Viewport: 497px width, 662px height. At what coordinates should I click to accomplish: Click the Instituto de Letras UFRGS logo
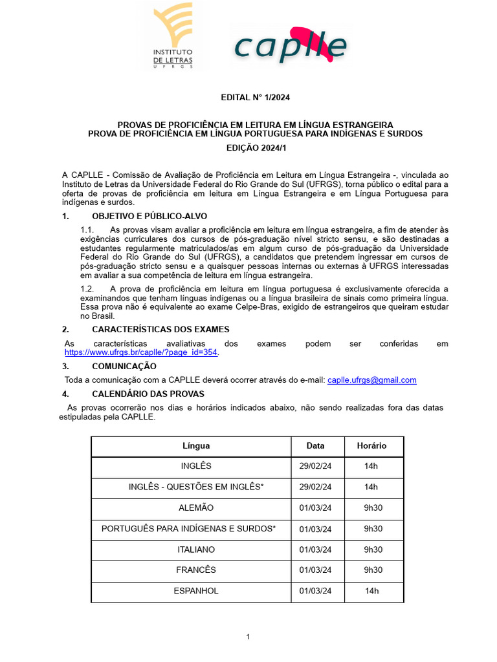tap(172, 36)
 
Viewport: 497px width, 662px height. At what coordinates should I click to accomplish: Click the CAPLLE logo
tap(290, 45)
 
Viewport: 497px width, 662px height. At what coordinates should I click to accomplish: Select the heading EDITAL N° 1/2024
tap(255, 98)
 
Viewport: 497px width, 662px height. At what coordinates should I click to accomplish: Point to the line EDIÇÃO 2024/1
tap(255, 148)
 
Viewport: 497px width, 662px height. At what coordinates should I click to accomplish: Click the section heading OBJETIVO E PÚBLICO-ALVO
tap(149, 216)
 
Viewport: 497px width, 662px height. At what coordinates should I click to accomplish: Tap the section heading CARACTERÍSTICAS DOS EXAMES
tap(159, 330)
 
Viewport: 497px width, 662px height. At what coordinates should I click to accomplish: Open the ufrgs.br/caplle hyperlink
tap(142, 353)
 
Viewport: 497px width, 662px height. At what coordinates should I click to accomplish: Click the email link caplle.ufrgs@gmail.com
tap(371, 380)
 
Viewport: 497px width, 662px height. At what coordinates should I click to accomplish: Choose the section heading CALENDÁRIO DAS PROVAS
tap(148, 394)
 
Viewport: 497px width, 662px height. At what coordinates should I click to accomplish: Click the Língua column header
tap(196, 446)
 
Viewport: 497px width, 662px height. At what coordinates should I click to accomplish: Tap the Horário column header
tap(371, 446)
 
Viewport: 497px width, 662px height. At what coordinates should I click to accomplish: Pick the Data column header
tap(315, 446)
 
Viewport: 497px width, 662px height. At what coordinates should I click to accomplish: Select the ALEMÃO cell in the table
tap(196, 508)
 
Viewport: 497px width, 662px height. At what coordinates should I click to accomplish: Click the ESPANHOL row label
tap(196, 591)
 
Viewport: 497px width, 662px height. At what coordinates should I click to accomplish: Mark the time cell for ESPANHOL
tap(371, 591)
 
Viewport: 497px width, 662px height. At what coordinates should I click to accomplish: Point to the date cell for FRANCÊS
tap(315, 570)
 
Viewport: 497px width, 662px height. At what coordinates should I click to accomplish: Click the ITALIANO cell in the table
tap(196, 550)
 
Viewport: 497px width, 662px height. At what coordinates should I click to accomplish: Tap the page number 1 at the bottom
tap(248, 637)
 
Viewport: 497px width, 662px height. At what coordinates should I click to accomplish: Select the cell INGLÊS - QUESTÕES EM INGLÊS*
tap(196, 487)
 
